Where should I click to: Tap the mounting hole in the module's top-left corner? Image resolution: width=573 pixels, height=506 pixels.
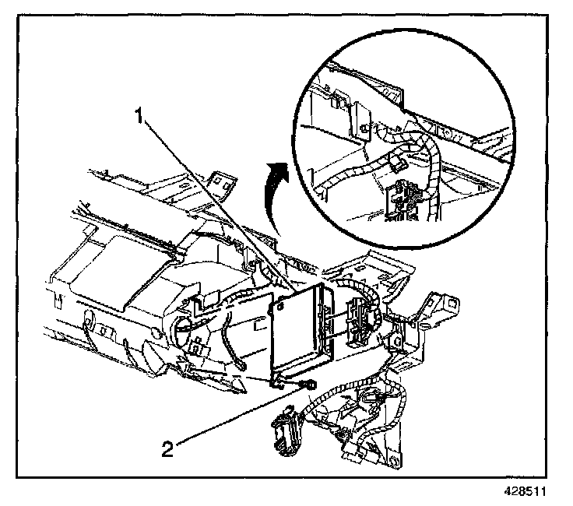coord(274,309)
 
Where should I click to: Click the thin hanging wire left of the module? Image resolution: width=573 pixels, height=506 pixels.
coord(229,343)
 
